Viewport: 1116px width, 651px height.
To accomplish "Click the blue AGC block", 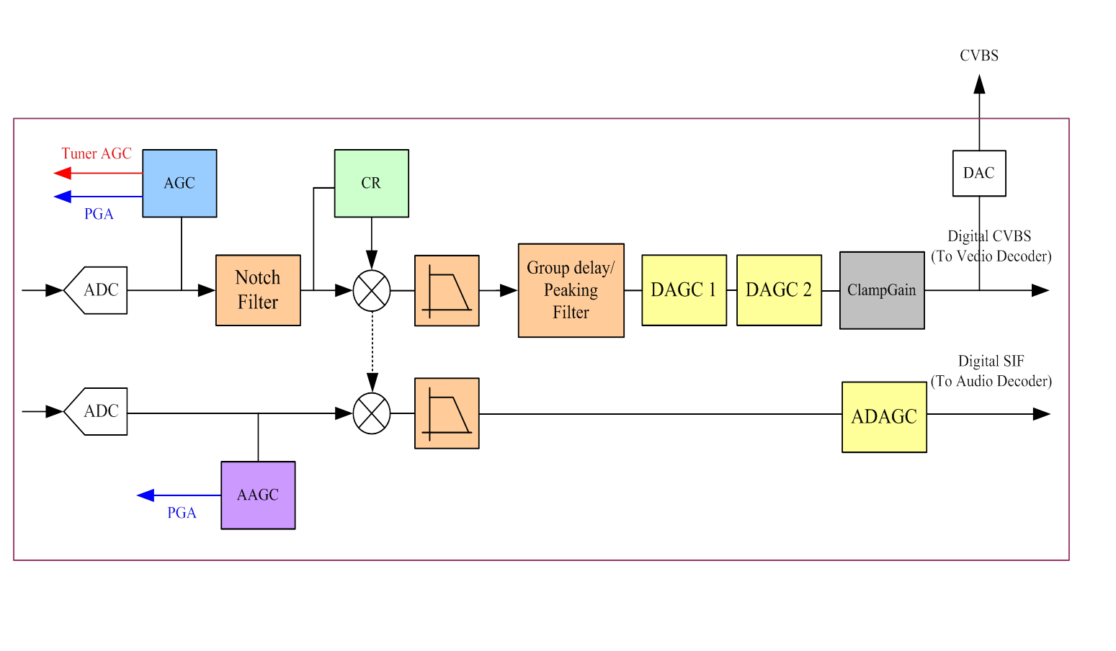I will (179, 183).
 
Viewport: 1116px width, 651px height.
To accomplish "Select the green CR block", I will (371, 183).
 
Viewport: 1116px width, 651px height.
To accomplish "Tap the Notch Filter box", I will (258, 289).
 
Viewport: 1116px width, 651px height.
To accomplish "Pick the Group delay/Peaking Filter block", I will (571, 290).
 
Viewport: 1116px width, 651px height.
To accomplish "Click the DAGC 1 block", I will (684, 289).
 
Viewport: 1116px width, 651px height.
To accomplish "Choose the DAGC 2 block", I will (779, 289).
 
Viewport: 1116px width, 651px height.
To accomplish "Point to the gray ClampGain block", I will (882, 290).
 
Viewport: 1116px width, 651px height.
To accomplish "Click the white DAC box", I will (979, 173).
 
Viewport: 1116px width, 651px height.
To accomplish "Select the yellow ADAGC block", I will (884, 416).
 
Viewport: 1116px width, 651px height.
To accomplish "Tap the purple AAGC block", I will (258, 495).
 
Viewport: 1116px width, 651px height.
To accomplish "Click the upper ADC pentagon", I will (97, 290).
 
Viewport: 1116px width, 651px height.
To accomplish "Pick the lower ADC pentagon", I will (97, 411).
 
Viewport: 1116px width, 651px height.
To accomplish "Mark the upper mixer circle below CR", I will (372, 291).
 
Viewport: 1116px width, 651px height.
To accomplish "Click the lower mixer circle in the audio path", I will (372, 413).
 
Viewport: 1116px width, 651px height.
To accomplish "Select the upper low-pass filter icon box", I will (447, 290).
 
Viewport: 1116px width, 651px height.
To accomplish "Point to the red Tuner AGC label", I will (97, 153).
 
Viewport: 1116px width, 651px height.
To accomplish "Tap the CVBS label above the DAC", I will (979, 55).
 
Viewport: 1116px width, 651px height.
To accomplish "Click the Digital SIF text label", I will (991, 361).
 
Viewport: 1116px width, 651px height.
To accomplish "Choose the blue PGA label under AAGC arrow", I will (182, 513).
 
